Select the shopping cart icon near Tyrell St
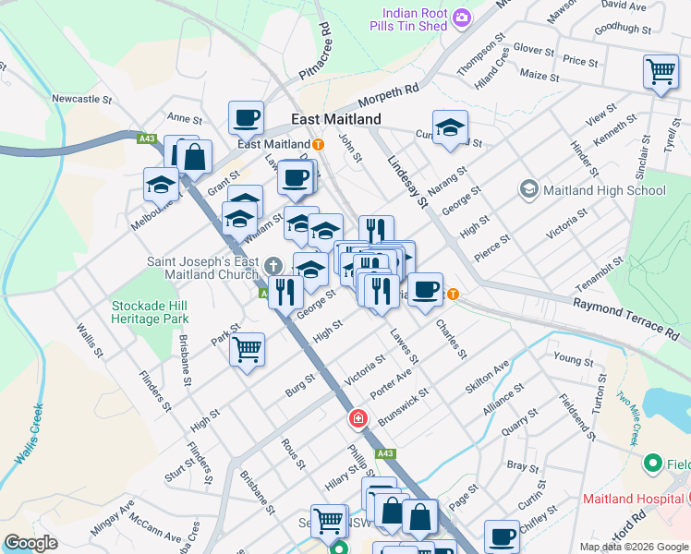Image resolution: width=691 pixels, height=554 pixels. [x=661, y=72]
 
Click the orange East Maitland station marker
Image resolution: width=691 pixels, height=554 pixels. [x=318, y=144]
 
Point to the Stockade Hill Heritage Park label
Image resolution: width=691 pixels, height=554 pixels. [x=150, y=312]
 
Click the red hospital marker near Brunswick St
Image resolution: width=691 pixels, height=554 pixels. [x=357, y=420]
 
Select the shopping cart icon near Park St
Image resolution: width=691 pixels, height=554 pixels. [x=247, y=350]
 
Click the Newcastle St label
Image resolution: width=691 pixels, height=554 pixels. [x=81, y=98]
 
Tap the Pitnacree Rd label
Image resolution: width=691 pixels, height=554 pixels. [x=314, y=56]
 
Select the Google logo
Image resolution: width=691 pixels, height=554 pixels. [x=30, y=543]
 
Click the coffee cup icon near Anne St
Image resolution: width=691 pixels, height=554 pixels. [x=247, y=117]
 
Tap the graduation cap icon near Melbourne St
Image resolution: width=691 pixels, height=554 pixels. [x=161, y=184]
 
